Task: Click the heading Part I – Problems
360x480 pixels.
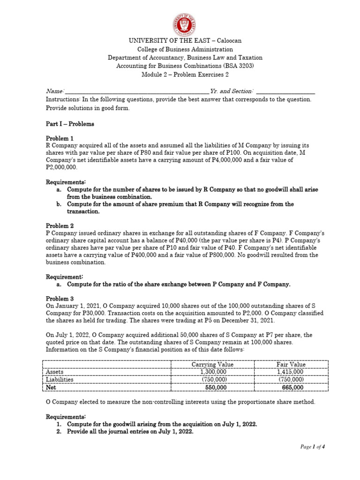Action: pos(69,124)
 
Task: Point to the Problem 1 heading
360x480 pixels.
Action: pos(60,138)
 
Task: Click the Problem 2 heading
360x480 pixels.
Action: pos(60,225)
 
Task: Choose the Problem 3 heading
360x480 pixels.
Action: pos(60,299)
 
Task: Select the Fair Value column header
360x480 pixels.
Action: pos(291,364)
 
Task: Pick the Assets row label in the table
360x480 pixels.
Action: pos(54,372)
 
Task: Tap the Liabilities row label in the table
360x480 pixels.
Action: pos(60,380)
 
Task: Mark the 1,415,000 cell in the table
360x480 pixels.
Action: pos(291,372)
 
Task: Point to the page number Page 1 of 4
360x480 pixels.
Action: pos(313,447)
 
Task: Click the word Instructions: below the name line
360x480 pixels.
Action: pos(63,99)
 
